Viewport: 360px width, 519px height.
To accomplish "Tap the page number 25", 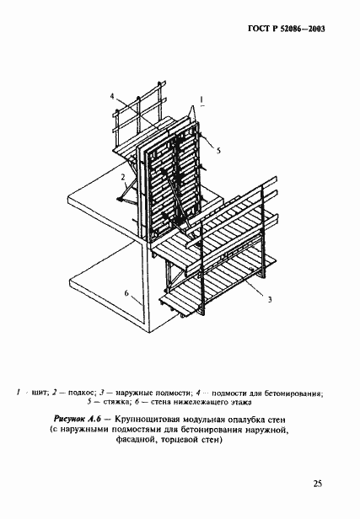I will (x=317, y=483).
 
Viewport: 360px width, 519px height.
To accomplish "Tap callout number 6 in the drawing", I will (x=128, y=294).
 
